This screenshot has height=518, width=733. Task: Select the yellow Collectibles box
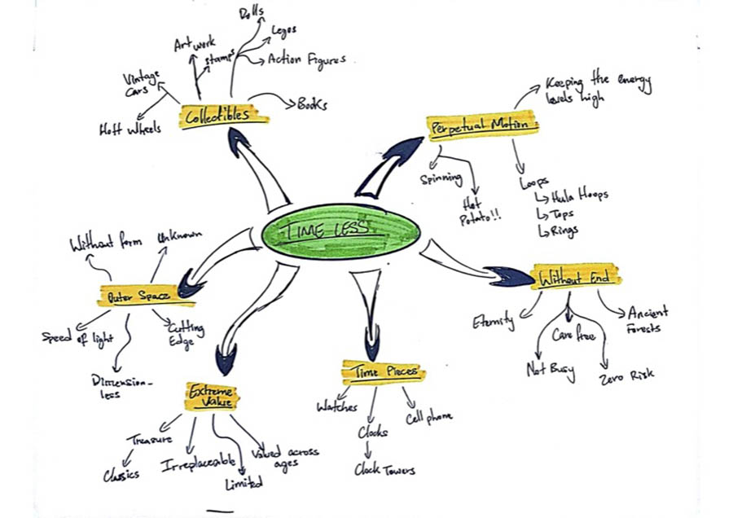coord(217,116)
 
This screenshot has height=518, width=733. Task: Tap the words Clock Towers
coord(384,470)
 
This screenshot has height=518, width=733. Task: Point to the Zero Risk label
coord(626,376)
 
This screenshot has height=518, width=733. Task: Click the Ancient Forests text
coord(647,320)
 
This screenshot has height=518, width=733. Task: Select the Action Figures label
coord(308,59)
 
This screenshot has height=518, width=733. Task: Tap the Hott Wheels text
coord(131,128)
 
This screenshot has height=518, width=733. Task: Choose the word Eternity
coord(494,321)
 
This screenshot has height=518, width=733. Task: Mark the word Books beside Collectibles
coord(312,104)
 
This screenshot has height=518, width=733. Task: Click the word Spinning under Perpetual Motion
coord(441,178)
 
